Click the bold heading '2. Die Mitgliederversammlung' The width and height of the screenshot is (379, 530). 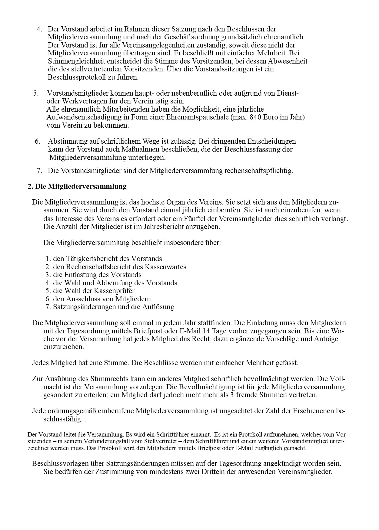[77, 186]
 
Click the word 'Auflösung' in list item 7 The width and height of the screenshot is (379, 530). [158, 307]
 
